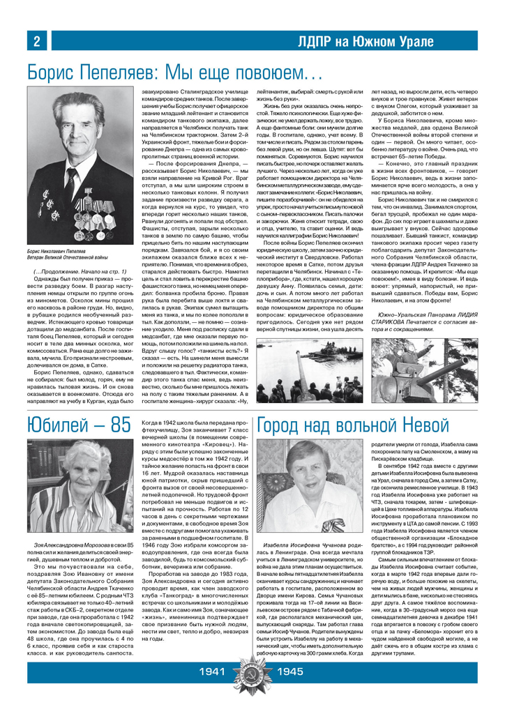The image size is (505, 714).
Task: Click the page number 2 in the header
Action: tap(35, 42)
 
